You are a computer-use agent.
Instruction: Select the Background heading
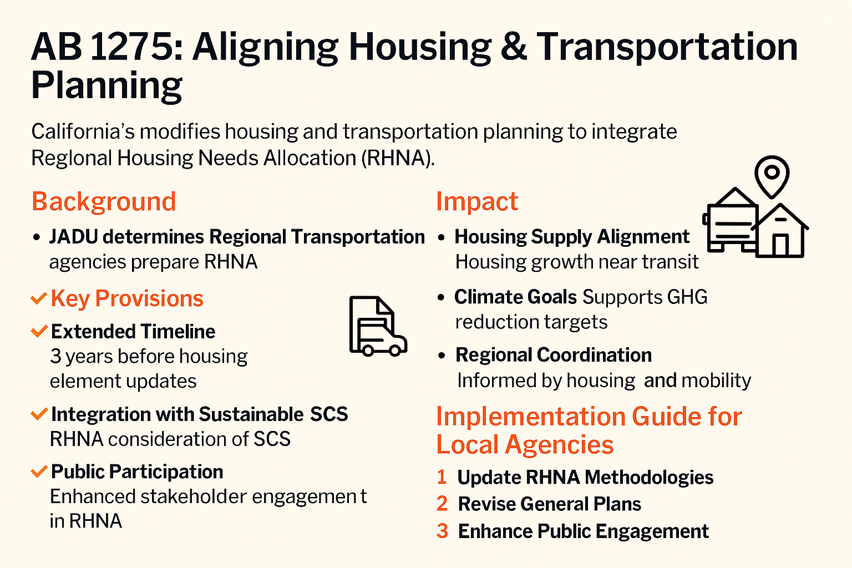click(x=104, y=201)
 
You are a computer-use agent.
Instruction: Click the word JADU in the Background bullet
click(x=73, y=237)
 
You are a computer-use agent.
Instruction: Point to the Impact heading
click(x=477, y=201)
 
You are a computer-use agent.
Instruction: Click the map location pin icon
click(x=772, y=177)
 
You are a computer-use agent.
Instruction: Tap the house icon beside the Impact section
click(x=780, y=231)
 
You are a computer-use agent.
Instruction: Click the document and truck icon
click(x=378, y=326)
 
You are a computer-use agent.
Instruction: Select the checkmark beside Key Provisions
click(x=39, y=298)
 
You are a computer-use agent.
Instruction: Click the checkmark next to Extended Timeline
click(x=39, y=331)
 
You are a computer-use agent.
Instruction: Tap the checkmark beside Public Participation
click(x=39, y=471)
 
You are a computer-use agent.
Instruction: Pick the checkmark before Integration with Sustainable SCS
click(x=39, y=414)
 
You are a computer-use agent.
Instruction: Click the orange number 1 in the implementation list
click(x=442, y=477)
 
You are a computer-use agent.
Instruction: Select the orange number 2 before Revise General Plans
click(x=442, y=504)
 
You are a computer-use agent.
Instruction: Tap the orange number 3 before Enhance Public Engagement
click(x=442, y=531)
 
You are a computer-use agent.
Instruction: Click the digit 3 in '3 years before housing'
click(x=55, y=357)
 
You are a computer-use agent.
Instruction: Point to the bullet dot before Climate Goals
click(x=441, y=297)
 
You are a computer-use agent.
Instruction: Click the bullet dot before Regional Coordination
click(x=442, y=356)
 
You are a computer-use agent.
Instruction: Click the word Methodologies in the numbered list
click(x=649, y=478)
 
